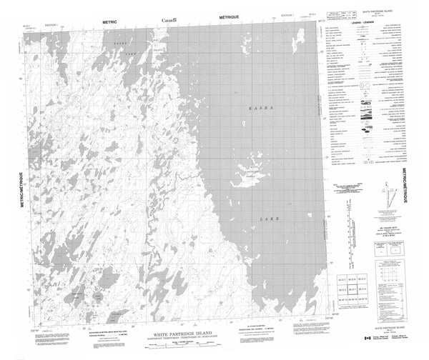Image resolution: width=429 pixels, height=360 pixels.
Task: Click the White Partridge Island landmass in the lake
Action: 250,172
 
